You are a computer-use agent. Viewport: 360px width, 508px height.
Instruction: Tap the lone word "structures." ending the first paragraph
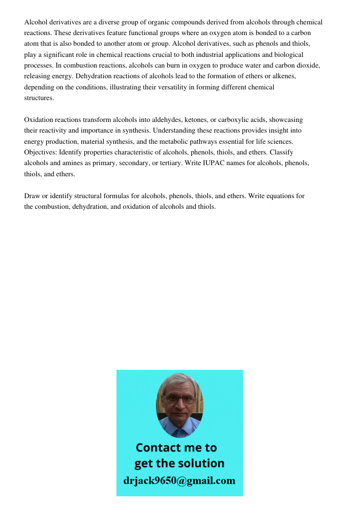39,98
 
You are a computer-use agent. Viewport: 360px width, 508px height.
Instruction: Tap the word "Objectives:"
41,152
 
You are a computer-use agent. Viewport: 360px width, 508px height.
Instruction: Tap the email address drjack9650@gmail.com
179,481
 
